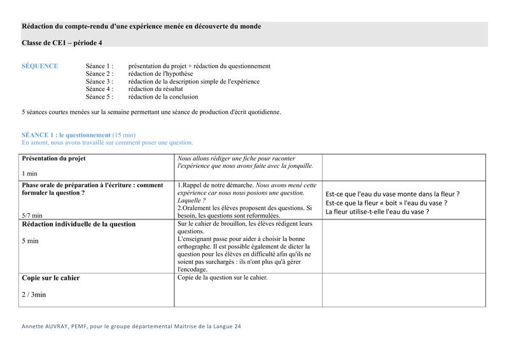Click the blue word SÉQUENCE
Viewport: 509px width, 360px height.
tap(39, 66)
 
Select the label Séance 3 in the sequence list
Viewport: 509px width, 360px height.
tap(99, 81)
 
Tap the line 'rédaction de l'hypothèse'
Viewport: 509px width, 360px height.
tap(160, 74)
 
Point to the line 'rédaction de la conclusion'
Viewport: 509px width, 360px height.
tap(163, 97)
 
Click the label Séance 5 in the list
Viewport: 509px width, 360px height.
tap(99, 97)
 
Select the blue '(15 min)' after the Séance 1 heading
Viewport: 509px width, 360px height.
tap(124, 135)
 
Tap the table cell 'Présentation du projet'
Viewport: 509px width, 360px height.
tap(54, 158)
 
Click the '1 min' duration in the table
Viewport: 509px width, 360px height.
tap(30, 173)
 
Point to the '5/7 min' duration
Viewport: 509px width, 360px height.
tap(32, 215)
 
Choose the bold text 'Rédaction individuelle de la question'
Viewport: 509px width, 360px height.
tap(79, 225)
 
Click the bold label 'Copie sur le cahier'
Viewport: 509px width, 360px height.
tap(51, 278)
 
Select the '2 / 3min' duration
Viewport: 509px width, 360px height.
tap(34, 294)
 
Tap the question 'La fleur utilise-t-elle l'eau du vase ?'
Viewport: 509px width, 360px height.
tap(377, 212)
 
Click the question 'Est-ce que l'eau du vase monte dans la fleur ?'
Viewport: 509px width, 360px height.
tap(393, 194)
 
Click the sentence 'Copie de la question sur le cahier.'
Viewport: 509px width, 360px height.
tap(223, 277)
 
